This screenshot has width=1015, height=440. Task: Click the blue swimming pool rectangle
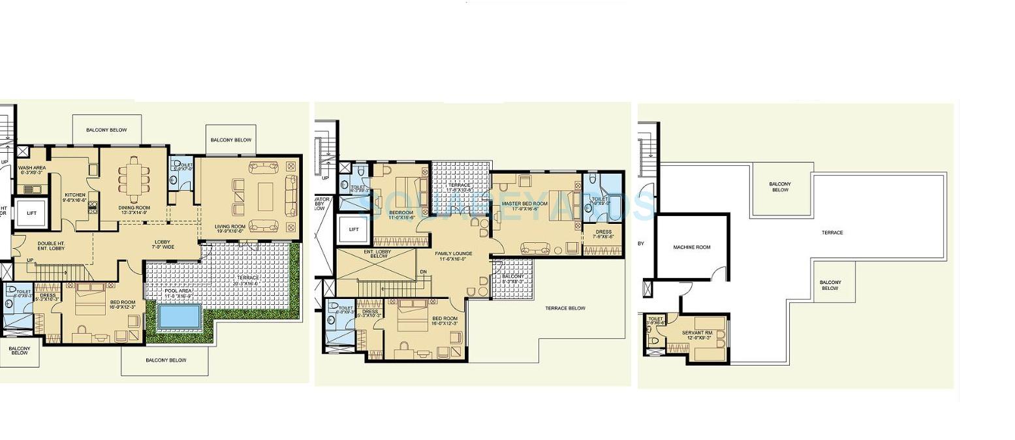click(x=179, y=317)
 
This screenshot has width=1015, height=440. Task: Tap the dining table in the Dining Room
click(x=134, y=180)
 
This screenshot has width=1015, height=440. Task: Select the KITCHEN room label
click(x=75, y=197)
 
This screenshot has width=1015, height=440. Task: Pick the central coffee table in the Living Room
click(x=265, y=196)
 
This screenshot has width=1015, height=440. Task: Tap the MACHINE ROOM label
click(x=691, y=247)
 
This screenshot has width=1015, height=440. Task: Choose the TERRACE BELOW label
click(x=565, y=308)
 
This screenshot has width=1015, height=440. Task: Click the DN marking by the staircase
click(x=423, y=272)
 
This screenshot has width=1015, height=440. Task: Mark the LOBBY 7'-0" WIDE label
click(x=163, y=244)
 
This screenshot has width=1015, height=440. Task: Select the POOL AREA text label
click(x=178, y=293)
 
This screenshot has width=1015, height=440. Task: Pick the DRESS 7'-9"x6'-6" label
click(x=603, y=234)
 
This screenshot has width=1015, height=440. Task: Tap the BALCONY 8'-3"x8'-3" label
click(x=513, y=279)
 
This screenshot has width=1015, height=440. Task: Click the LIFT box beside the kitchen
click(x=31, y=213)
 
